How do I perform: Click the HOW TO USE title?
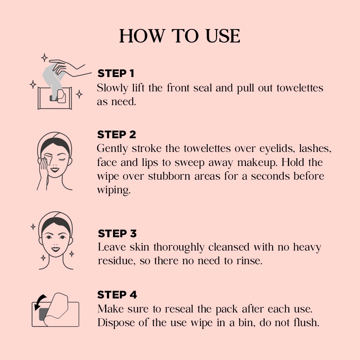point(180,36)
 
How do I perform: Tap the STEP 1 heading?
point(116,73)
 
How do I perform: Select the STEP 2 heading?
point(117,135)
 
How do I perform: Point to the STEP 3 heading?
point(117,234)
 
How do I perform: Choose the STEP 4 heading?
point(117,295)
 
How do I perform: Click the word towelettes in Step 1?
point(300,88)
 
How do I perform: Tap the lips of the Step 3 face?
point(55,249)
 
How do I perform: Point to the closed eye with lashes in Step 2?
point(62,159)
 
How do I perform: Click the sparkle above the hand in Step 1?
point(44,58)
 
